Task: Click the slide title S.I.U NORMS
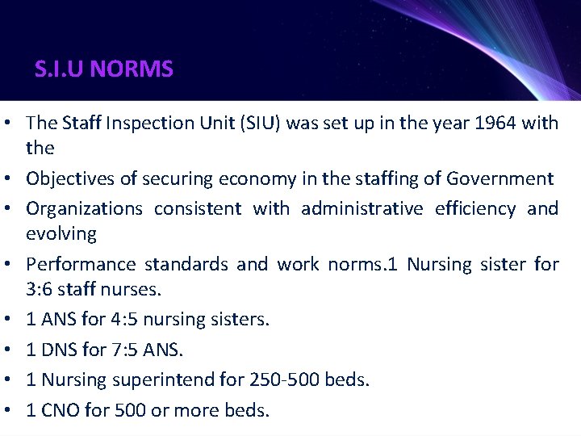104,69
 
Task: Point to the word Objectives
70,178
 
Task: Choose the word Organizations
84,208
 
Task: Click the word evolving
61,234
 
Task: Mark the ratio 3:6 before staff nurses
41,290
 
